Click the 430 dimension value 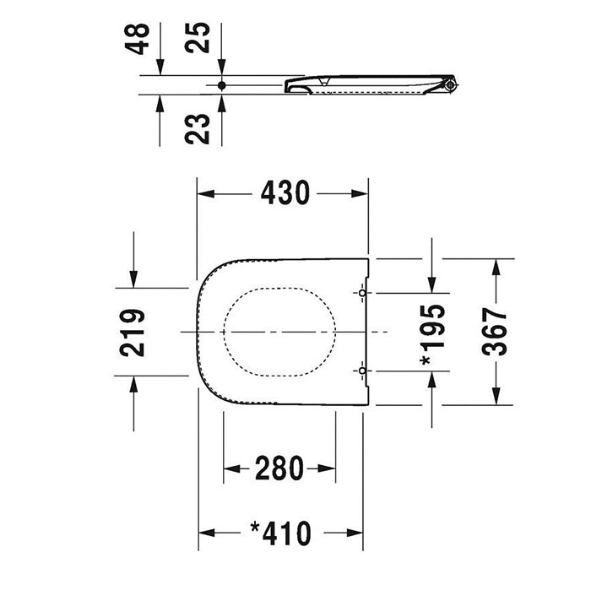click(x=285, y=193)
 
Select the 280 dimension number click(x=279, y=468)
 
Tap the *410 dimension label click(x=281, y=533)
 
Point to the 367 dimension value click(x=495, y=332)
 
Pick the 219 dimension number click(x=133, y=333)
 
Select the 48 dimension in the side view click(x=137, y=39)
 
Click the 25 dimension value click(x=197, y=37)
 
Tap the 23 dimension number click(x=197, y=129)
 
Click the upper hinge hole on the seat click(x=362, y=293)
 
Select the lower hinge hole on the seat click(x=362, y=371)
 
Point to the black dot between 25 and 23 click(x=221, y=85)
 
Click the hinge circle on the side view click(x=449, y=85)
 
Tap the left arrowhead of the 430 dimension click(x=206, y=193)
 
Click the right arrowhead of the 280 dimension click(x=328, y=468)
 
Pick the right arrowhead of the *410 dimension click(x=355, y=533)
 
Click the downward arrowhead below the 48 click(x=160, y=67)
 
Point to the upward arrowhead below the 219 click(x=133, y=384)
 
